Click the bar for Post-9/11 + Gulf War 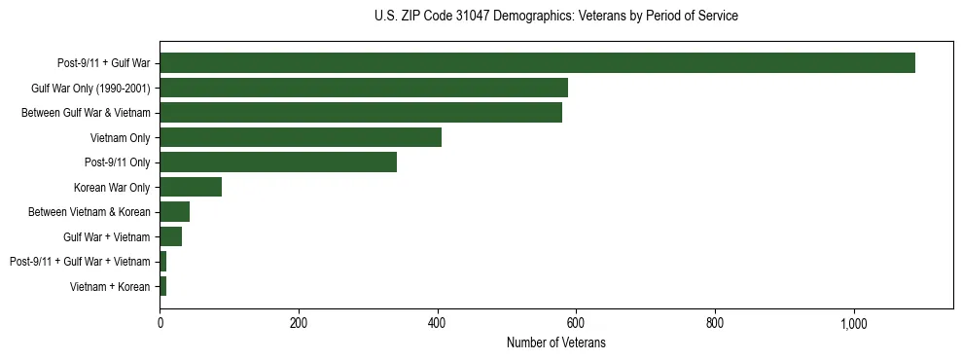(537, 63)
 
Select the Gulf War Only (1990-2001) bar (364, 89)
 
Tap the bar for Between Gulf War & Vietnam (361, 113)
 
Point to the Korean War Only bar (191, 187)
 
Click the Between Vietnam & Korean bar (175, 212)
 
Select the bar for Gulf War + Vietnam (171, 236)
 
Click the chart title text (555, 17)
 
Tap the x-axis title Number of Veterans (555, 343)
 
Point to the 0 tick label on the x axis (160, 323)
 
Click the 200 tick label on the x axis (299, 323)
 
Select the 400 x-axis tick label (438, 323)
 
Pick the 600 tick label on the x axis (576, 323)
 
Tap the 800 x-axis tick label (715, 323)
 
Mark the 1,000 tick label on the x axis (854, 323)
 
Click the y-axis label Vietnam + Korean (110, 286)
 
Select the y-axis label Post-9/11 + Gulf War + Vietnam (80, 262)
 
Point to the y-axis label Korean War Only (112, 187)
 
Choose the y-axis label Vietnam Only (120, 137)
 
